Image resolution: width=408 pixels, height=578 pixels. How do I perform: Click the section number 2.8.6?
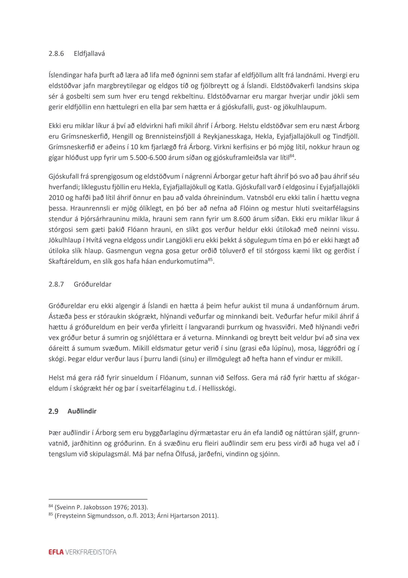point(56,54)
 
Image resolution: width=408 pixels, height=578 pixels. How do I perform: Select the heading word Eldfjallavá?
point(89,54)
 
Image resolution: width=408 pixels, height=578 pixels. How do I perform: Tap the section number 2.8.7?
point(56,284)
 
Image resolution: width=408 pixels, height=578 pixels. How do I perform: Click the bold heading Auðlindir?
point(82,411)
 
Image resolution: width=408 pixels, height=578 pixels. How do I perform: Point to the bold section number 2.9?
point(53,411)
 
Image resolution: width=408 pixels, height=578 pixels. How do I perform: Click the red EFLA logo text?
point(56,552)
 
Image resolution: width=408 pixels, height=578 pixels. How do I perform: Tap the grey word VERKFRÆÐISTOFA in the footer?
point(91,552)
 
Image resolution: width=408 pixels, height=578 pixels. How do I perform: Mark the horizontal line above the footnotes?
point(98,499)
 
